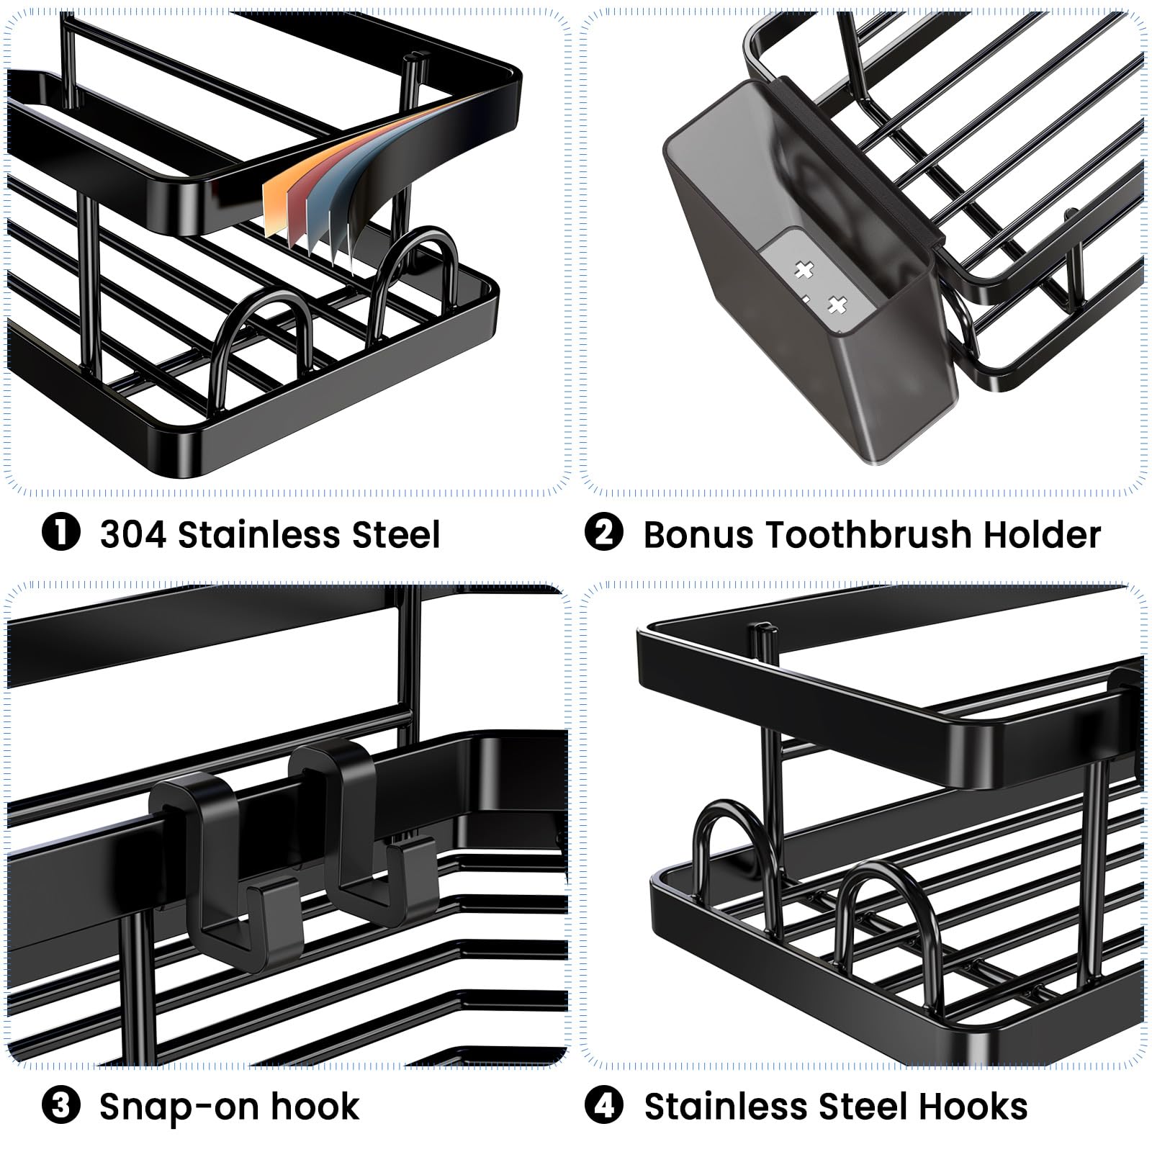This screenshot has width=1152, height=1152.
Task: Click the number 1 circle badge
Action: click(x=61, y=534)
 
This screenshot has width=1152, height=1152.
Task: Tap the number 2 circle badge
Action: click(x=604, y=534)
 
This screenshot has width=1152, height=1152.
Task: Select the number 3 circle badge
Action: click(x=61, y=1106)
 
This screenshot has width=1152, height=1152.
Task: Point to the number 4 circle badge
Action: click(x=604, y=1106)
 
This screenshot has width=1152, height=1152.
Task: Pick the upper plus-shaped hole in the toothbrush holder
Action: click(x=804, y=271)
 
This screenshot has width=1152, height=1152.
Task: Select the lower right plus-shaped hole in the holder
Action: click(x=835, y=305)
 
